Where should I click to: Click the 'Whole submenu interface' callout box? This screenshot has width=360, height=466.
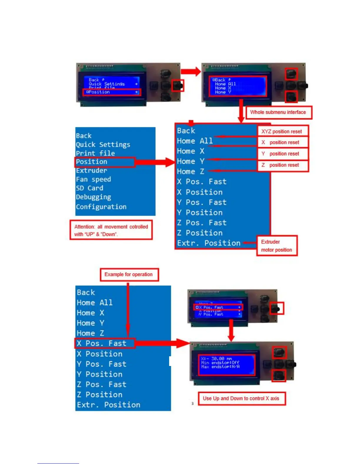[x=278, y=112]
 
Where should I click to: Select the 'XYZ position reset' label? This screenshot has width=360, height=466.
[x=281, y=132]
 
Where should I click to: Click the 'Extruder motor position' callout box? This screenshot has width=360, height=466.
[x=276, y=246]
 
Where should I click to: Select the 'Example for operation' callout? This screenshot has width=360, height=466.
[x=129, y=274]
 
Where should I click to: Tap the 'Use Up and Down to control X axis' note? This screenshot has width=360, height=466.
[x=241, y=398]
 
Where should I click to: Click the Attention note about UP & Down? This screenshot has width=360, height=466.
[x=111, y=230]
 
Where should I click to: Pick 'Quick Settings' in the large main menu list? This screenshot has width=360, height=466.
[x=103, y=144]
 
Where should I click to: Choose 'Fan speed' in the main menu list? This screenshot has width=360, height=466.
[x=93, y=179]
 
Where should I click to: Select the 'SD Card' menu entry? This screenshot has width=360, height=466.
[x=89, y=188]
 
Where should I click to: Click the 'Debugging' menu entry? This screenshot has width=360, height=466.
[x=94, y=197]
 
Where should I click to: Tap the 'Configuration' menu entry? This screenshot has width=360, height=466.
[x=101, y=207]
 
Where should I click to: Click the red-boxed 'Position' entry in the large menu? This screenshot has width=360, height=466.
[x=92, y=162]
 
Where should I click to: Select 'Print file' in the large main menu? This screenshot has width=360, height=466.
[x=95, y=153]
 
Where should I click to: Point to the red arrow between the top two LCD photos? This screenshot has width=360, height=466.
[x=191, y=71]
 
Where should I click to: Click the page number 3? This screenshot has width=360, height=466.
[x=192, y=403]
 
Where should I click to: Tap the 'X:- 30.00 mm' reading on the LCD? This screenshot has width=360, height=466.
[x=216, y=359]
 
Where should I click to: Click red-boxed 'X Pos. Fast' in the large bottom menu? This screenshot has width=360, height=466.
[x=101, y=343]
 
